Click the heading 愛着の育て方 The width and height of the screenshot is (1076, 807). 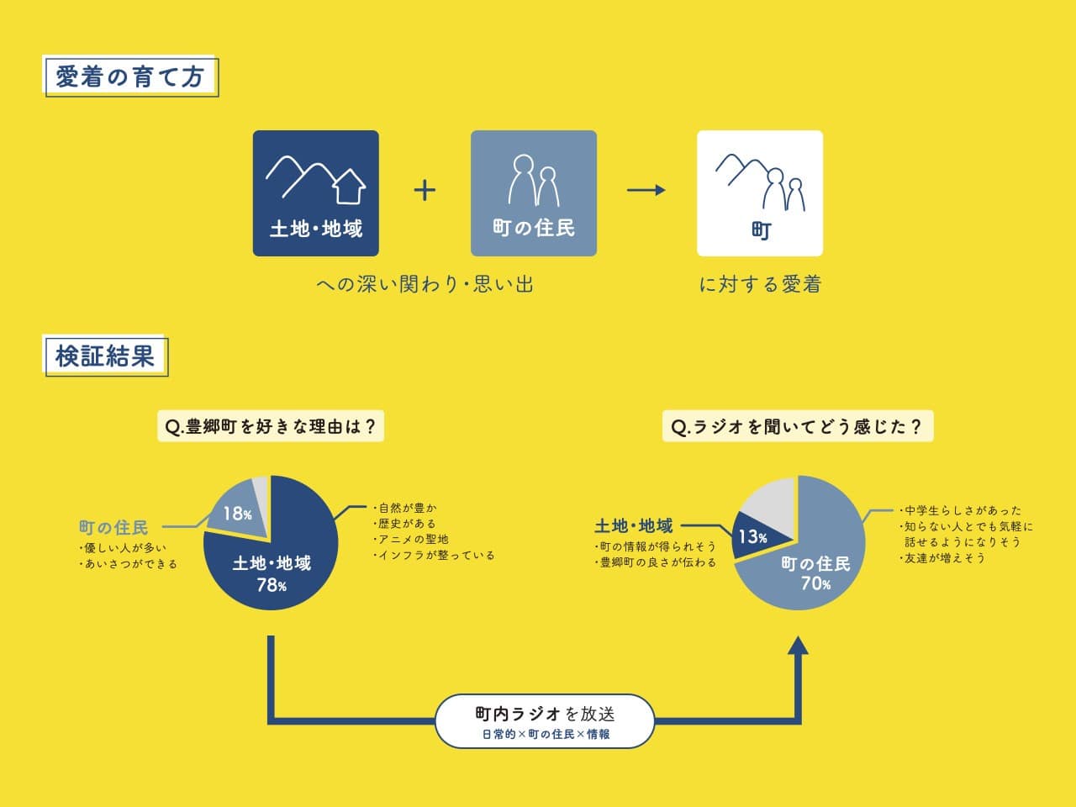click(130, 77)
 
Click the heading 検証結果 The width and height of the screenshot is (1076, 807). click(105, 356)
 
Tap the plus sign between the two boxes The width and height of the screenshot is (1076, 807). click(425, 190)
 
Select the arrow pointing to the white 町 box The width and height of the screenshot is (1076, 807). click(646, 190)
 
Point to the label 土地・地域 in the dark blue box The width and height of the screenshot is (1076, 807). click(316, 229)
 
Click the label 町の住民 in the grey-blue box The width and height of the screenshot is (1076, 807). click(534, 228)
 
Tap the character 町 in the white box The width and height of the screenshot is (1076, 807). click(762, 231)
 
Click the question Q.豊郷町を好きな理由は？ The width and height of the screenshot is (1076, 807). click(271, 426)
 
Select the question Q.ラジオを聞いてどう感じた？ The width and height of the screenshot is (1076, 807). click(798, 426)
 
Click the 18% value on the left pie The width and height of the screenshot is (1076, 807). click(237, 514)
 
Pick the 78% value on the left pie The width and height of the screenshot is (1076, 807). click(272, 584)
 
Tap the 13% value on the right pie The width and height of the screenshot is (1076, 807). click(753, 536)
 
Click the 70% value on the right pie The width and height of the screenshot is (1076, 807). click(815, 583)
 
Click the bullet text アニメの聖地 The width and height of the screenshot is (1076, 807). click(411, 540)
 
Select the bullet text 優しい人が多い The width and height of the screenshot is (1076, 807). click(123, 548)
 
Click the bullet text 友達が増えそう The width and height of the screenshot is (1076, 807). click(942, 558)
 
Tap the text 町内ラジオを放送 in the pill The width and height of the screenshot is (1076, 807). click(545, 714)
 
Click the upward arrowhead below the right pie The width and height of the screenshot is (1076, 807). click(798, 645)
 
